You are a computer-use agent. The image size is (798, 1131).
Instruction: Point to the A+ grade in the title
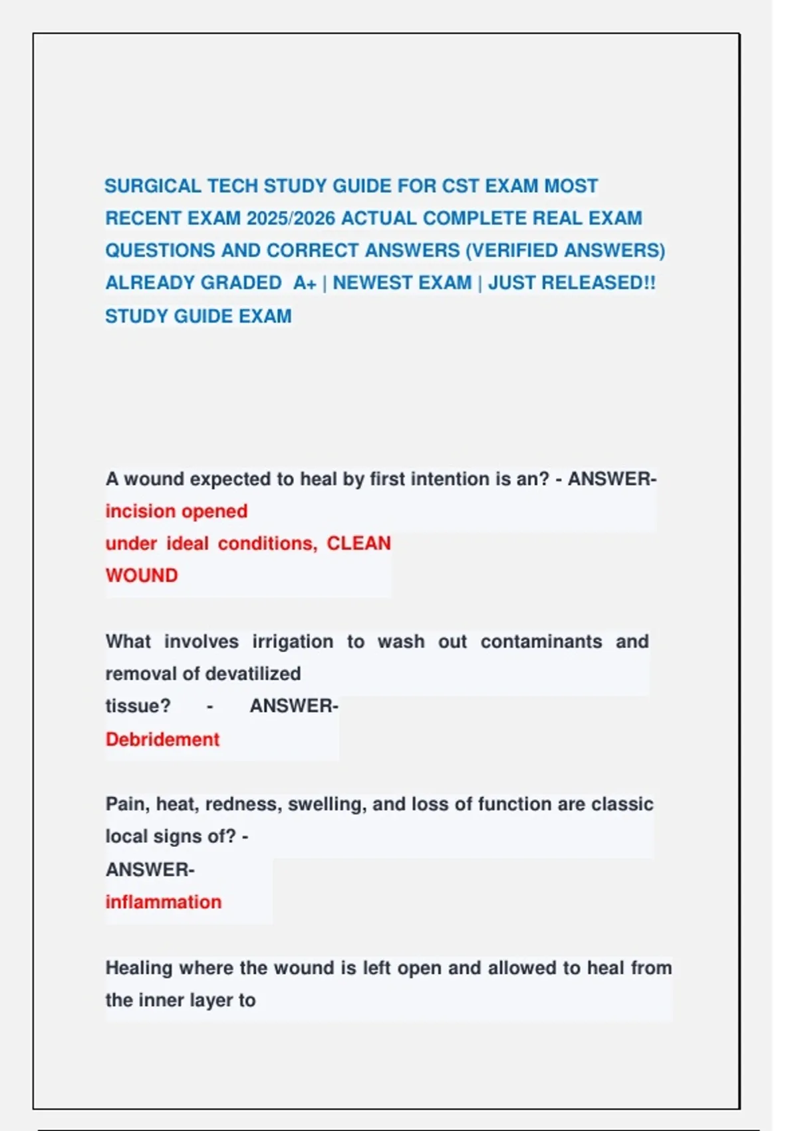coord(305,283)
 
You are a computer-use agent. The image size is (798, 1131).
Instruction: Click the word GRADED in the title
coord(241,283)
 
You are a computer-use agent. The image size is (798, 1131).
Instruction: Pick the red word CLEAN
coord(358,543)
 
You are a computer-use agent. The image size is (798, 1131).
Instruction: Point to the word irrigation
coord(293,641)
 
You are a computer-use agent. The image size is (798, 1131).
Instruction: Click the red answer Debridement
coord(162,739)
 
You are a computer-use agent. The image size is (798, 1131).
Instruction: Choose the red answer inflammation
coord(164,901)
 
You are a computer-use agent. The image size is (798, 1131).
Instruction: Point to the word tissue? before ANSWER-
coord(138,705)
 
